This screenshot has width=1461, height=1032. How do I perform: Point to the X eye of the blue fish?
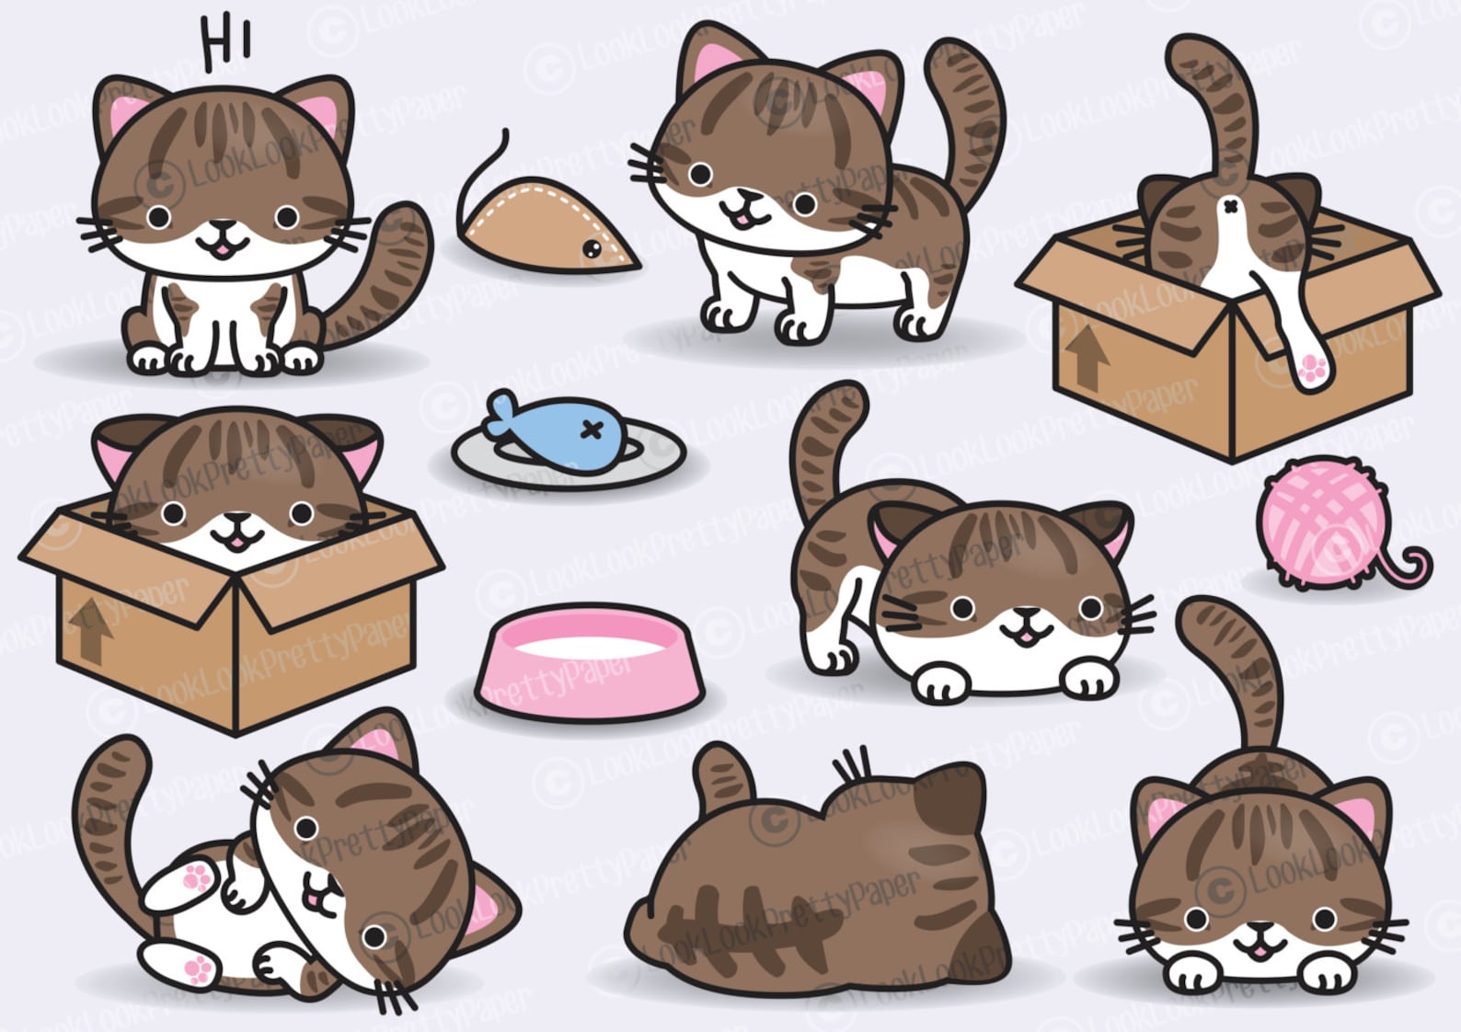click(593, 431)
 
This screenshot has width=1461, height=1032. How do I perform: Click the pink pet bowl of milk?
click(589, 662)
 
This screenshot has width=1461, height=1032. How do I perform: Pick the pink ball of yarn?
click(1325, 524)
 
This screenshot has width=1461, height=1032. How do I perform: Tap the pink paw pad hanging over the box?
click(1310, 369)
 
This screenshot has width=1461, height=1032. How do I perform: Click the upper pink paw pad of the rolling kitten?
click(197, 877)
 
